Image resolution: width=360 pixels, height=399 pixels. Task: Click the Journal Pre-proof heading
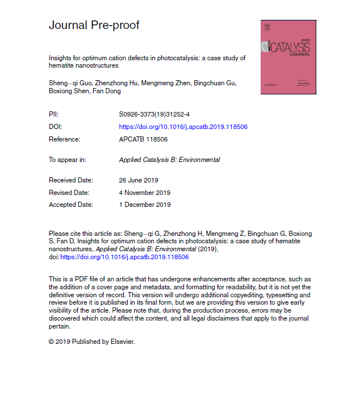click(x=94, y=25)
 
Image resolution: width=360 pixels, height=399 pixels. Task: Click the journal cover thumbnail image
click(x=288, y=57)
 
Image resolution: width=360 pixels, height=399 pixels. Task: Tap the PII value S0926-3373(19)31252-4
click(x=151, y=114)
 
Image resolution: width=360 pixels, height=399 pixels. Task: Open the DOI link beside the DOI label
click(x=183, y=127)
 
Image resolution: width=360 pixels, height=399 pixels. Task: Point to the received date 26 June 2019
click(x=138, y=180)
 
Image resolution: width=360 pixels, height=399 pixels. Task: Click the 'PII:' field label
click(x=54, y=114)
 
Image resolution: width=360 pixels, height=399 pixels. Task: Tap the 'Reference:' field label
click(x=65, y=139)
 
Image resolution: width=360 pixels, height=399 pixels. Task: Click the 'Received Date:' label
click(x=70, y=180)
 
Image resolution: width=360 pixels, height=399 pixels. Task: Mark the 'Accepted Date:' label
click(x=71, y=205)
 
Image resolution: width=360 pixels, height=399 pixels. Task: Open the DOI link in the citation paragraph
click(x=124, y=257)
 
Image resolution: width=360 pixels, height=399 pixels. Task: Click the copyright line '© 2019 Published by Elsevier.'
click(x=92, y=342)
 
